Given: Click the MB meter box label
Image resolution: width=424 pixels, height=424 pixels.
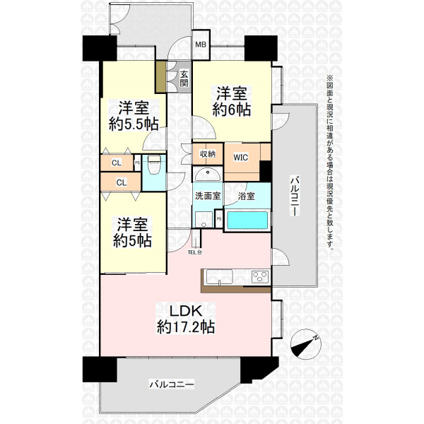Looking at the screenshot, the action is pos(201,45).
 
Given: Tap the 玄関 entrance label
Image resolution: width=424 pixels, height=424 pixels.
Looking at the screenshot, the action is pos(184,78).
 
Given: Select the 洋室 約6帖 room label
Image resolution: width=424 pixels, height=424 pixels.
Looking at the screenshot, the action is pos(232,102).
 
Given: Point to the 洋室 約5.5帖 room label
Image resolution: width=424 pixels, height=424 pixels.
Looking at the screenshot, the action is pos(134,117).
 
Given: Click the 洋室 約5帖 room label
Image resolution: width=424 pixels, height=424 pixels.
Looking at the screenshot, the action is pos(132,232).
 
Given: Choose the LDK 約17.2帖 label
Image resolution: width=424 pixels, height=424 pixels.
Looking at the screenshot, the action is pos(186,319).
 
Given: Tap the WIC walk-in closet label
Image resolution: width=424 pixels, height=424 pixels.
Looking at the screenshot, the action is pos(241,158).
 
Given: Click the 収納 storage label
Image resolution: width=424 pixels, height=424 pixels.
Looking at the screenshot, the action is pos(208,154).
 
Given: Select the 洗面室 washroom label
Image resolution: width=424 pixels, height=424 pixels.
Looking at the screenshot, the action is pos(208,196).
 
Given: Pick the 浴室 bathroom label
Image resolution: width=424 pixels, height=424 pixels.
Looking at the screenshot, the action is pos(246,196).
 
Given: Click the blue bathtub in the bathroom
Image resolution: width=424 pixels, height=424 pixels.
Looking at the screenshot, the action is pos(247,220).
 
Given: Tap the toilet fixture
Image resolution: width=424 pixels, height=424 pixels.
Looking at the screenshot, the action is pos(153,165).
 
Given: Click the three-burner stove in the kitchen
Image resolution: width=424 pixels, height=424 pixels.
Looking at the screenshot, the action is pos(260,276).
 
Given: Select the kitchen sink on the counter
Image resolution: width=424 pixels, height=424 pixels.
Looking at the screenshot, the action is pos(219,277).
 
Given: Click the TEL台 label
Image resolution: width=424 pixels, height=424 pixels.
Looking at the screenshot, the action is pos(195,252).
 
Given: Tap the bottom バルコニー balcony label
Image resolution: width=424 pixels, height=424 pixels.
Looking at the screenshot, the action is pos(172,384).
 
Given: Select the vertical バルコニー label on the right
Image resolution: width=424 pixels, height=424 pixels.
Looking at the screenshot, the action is pos(295,196).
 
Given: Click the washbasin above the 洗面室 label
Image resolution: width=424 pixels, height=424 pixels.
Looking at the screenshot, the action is pos(208,175).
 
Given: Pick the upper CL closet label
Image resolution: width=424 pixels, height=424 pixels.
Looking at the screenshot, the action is pos(117,163).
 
